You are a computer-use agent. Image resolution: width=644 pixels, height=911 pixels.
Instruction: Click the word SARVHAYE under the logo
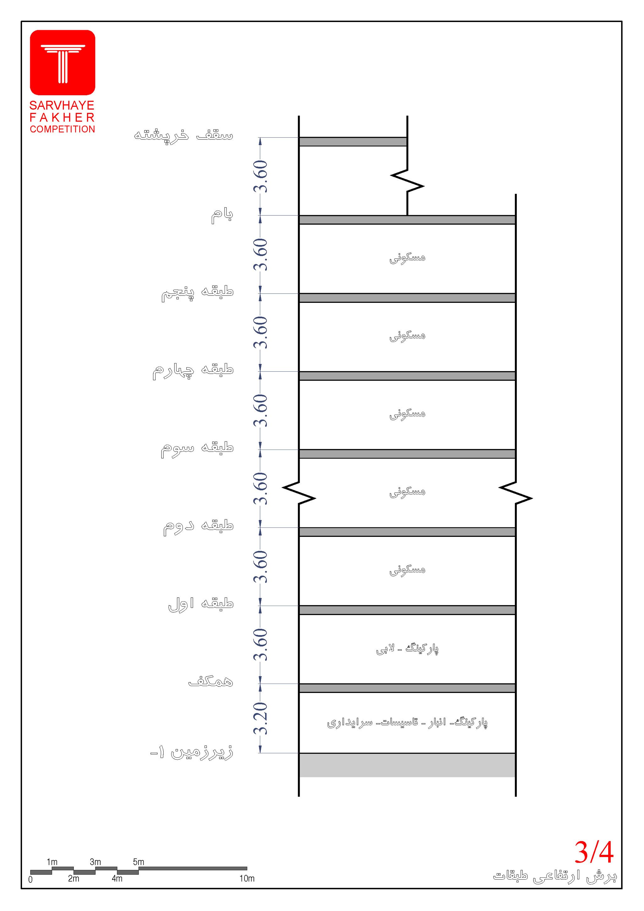coord(62,106)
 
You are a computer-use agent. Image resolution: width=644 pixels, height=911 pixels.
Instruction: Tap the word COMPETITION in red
coord(62,129)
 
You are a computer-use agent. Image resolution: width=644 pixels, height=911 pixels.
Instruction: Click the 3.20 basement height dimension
coord(261,718)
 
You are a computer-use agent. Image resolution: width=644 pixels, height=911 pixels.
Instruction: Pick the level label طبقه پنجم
coord(197,292)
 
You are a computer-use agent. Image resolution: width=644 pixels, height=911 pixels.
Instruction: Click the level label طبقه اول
coord(200,604)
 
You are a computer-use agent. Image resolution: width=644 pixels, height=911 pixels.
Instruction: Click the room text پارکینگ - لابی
coord(407,649)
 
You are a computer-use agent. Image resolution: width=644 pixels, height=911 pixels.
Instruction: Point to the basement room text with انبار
coord(407,722)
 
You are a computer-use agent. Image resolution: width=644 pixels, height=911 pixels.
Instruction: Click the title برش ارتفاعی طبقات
coord(555,876)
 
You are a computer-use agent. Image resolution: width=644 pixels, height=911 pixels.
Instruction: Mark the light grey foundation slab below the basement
coord(407,765)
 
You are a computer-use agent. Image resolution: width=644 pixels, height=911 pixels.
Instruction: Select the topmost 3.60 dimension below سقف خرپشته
coord(261,176)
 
